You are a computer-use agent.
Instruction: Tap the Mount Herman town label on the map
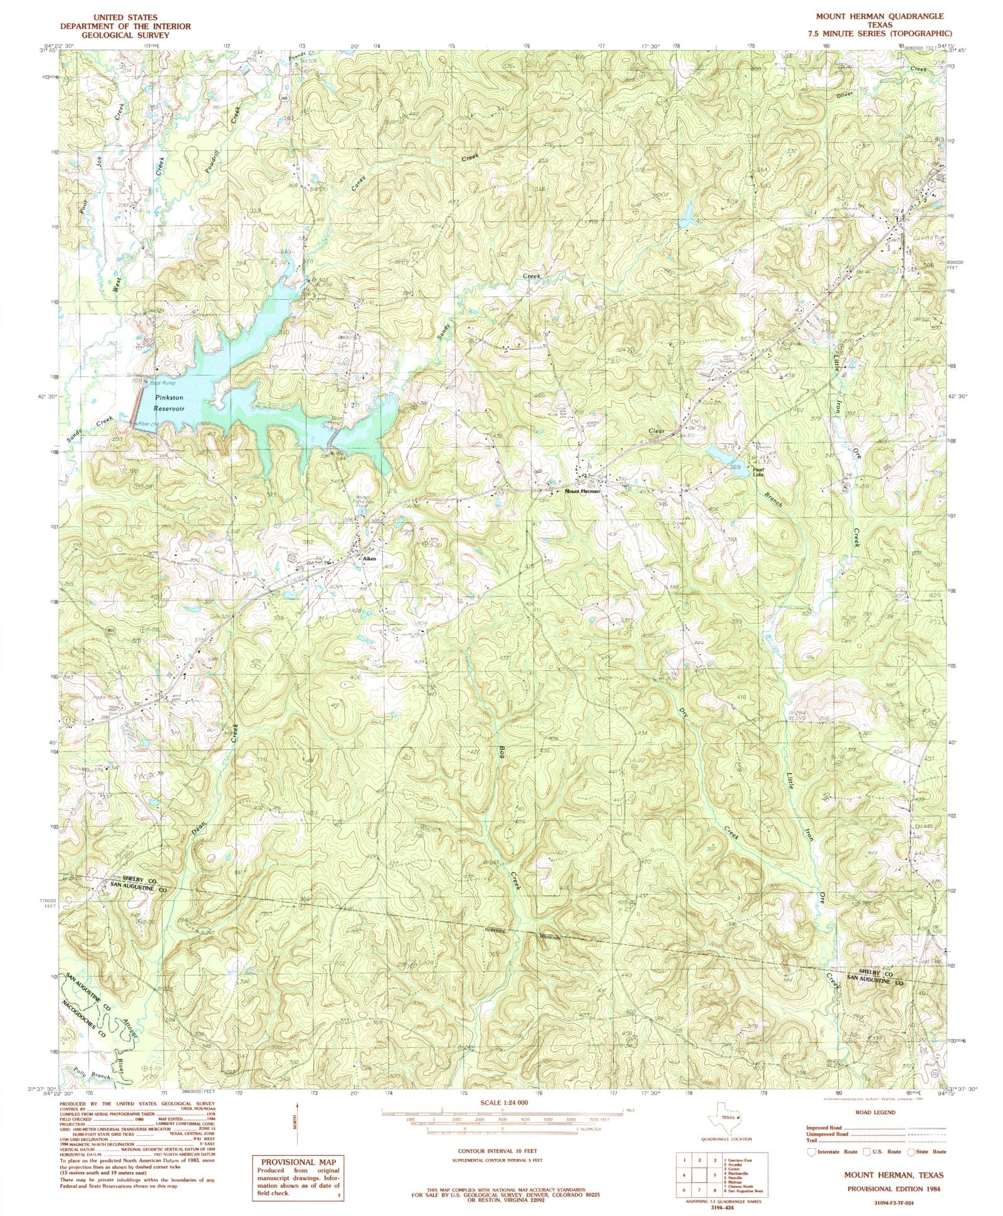pos(582,491)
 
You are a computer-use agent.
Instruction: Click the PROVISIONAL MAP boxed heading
pos(298,1162)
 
